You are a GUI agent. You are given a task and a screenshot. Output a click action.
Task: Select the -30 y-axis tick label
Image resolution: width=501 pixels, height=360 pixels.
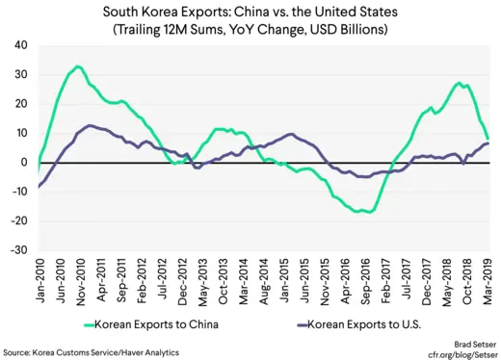18,250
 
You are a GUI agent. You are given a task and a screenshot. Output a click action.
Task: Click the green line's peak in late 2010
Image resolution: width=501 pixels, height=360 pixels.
77,66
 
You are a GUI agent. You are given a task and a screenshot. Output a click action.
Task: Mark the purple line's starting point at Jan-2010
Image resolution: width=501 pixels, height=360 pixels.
40,186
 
